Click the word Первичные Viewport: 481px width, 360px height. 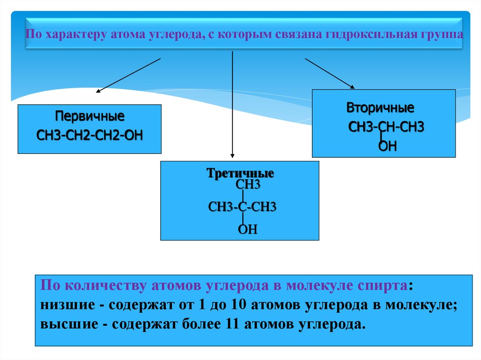[90, 115]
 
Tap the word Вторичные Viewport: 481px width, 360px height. [380, 108]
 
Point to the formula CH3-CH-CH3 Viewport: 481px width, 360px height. [386, 127]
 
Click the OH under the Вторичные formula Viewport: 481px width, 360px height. [388, 147]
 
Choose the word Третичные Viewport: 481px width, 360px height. [240, 173]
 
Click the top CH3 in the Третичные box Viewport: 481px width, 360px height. [248, 184]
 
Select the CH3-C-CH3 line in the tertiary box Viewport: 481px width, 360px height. [242, 207]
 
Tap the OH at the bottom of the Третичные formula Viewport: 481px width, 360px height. [248, 230]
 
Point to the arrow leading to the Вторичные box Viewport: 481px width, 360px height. [329, 73]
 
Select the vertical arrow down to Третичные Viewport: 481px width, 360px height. [232, 103]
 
